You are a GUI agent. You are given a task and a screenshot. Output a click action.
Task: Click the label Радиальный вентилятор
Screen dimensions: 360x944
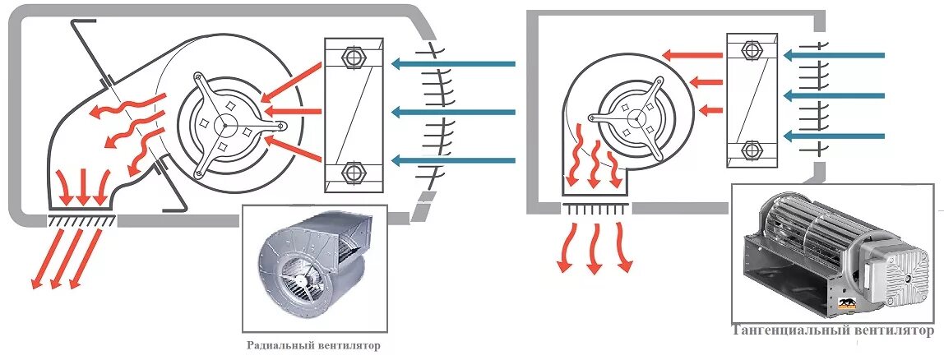pyautogui.click(x=313, y=345)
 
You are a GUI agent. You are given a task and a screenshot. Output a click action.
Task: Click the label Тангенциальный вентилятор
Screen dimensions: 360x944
pyautogui.click(x=833, y=331)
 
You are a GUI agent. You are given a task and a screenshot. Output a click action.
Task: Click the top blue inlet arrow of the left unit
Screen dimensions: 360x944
pyautogui.click(x=452, y=63)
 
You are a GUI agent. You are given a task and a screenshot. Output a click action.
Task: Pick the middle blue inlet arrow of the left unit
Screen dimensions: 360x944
pyautogui.click(x=452, y=112)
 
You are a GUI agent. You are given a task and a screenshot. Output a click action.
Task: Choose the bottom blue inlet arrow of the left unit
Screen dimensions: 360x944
pyautogui.click(x=452, y=159)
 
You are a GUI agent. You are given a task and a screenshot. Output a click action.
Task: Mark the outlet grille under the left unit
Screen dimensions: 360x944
pyautogui.click(x=81, y=219)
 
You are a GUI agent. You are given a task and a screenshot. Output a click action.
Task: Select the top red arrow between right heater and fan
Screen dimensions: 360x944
pyautogui.click(x=690, y=56)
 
